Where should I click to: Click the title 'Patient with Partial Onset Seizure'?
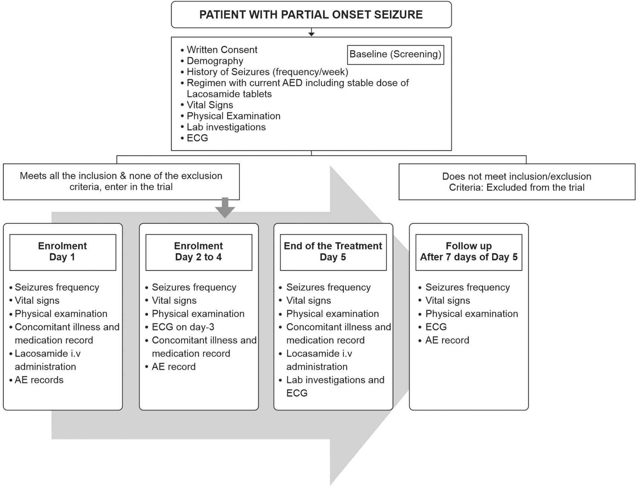[311, 15]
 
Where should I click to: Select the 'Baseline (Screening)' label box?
[395, 55]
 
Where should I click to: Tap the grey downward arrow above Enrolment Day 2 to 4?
[225, 208]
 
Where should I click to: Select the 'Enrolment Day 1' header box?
[63, 252]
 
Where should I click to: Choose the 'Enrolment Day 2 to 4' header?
[199, 252]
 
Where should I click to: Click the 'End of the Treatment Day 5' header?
[333, 252]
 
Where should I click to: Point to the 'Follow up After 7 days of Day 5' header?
[469, 252]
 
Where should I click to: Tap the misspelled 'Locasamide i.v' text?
[319, 354]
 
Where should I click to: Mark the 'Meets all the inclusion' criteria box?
[121, 182]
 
